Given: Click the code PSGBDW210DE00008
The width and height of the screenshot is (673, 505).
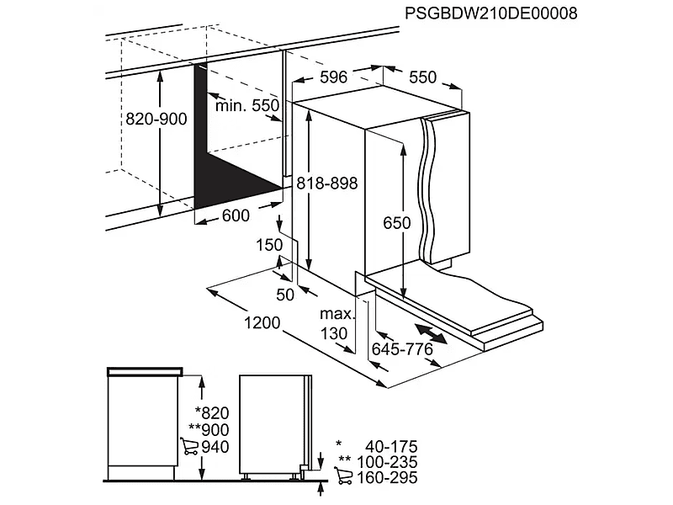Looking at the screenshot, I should pos(493,14).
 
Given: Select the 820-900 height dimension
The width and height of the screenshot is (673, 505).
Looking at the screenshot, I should pos(156,120).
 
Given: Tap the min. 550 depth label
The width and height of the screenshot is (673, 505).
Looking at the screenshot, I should pos(246,106).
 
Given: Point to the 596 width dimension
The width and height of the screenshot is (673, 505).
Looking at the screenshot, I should pos(333,77).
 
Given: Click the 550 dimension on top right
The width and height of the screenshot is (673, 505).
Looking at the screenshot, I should pos(422,77).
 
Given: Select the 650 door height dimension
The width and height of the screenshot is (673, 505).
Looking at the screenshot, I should pos(395,223).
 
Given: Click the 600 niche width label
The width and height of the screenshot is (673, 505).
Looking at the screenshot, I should pos(236,216).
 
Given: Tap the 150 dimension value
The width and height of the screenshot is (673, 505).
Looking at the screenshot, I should pos(270,245).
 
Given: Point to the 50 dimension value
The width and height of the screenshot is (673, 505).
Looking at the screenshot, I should pos(284,294).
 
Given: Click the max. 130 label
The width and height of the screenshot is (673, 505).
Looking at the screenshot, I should pos(334,324).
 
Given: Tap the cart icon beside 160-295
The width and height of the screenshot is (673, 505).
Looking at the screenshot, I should pos(343,478).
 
